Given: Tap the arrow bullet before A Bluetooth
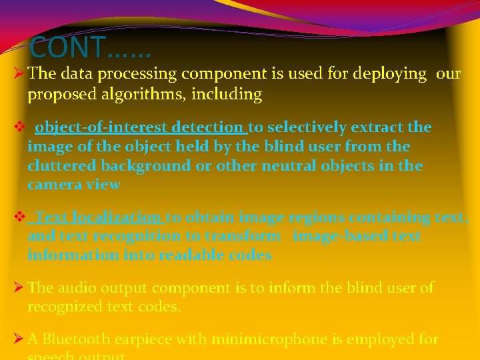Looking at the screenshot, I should click(x=19, y=340).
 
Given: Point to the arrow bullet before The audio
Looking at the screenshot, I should click(x=19, y=289).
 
